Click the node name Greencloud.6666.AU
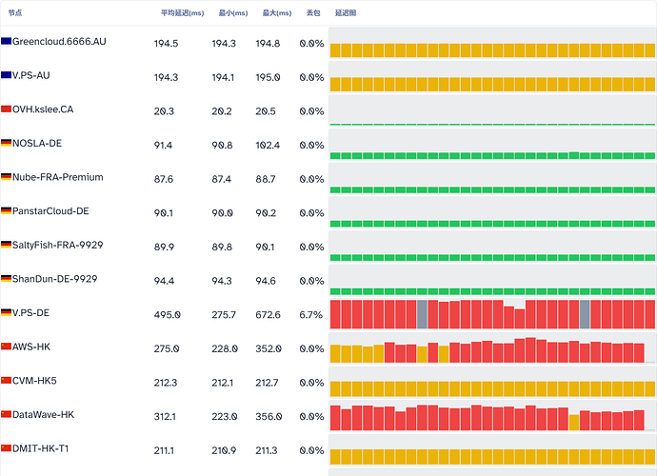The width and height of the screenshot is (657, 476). click(59, 42)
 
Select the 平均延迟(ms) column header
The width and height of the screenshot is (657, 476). click(182, 13)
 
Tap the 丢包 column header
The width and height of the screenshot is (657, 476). click(313, 13)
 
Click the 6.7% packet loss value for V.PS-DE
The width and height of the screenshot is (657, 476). click(311, 315)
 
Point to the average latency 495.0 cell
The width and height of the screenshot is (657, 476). click(168, 315)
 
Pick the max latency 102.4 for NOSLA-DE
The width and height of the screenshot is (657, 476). click(268, 146)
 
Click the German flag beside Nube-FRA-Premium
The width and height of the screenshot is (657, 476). click(6, 177)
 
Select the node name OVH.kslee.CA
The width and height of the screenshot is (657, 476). click(43, 109)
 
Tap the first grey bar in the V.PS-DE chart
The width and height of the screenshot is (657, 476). click(422, 314)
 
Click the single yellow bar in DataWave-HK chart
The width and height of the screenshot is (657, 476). click(574, 423)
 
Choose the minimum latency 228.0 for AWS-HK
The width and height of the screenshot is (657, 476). click(225, 348)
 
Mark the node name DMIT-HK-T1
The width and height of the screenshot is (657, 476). click(40, 448)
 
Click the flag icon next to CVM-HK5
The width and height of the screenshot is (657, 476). click(6, 381)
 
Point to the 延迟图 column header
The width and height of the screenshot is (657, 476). click(346, 13)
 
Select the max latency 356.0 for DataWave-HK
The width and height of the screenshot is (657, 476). click(269, 417)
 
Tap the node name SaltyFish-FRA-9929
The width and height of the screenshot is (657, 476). click(57, 245)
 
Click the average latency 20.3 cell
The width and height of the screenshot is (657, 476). click(164, 111)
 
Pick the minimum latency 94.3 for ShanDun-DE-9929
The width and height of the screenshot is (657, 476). click(222, 281)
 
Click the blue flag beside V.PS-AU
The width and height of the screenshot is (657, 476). click(6, 75)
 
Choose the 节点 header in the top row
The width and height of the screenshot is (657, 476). click(15, 13)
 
